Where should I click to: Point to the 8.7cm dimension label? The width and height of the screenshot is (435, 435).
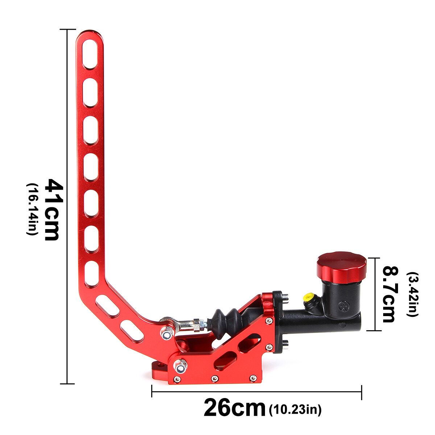tap(389, 294)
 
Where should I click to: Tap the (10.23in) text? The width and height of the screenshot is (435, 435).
tap(295, 414)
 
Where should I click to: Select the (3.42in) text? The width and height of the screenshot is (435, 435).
tap(412, 294)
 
